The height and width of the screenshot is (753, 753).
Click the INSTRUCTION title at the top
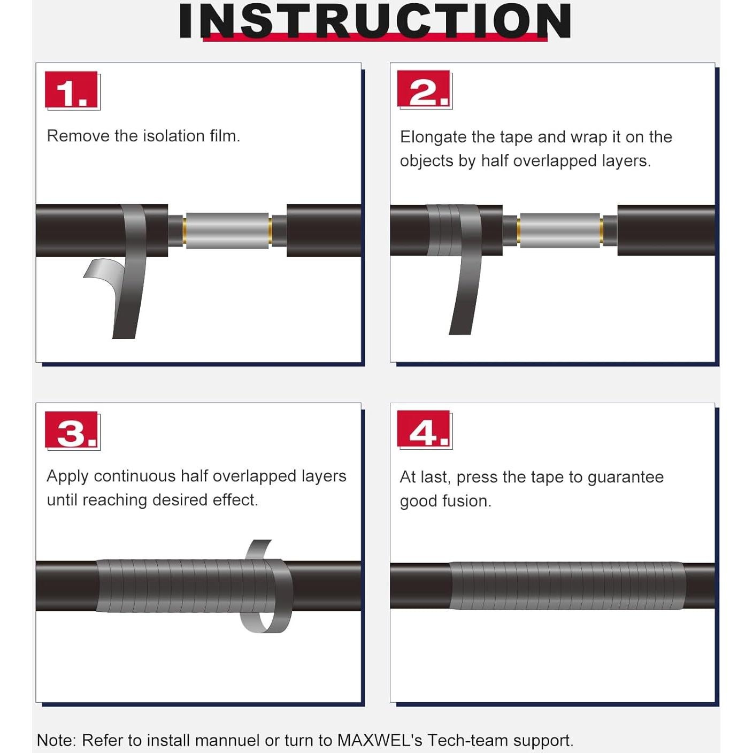coord(375,21)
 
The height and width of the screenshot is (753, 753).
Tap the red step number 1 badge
coord(71,89)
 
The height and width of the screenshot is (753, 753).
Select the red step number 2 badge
coord(423,88)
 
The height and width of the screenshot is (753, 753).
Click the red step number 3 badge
coord(71,429)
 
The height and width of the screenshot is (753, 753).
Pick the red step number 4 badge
coord(423,429)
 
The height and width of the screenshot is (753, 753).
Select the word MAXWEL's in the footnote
coord(379,729)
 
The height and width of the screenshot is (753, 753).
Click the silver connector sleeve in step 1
coord(227,230)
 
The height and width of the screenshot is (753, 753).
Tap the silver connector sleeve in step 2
coord(560,230)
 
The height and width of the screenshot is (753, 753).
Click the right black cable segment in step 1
coord(324,230)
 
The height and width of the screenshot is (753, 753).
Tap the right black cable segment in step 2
coord(666,230)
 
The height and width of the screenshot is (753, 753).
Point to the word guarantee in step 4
coord(625,478)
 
